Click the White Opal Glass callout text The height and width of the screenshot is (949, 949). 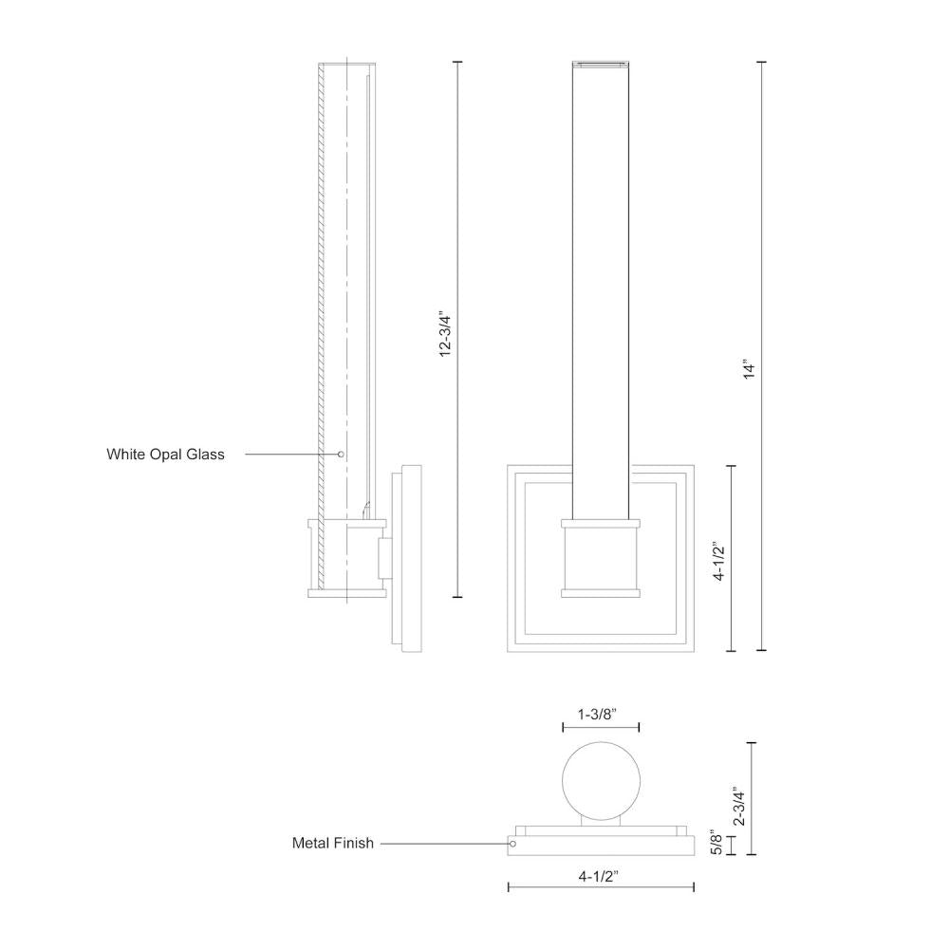[x=165, y=455]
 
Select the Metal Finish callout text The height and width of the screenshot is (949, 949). [x=332, y=843]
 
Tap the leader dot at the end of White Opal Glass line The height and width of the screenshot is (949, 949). [x=341, y=455]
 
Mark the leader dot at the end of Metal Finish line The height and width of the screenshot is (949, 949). [x=513, y=843]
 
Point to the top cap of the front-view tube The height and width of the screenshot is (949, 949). [x=600, y=65]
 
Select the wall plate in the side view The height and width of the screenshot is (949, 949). [x=412, y=558]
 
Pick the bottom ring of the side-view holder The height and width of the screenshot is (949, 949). [x=346, y=593]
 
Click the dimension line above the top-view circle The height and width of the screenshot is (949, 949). [x=600, y=728]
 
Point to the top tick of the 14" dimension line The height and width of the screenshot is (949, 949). [x=761, y=63]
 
